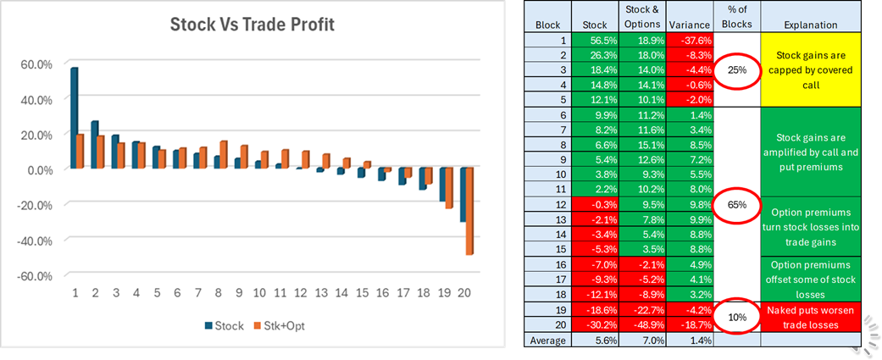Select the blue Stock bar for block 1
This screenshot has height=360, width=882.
[75, 118]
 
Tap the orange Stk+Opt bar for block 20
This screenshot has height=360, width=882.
[470, 211]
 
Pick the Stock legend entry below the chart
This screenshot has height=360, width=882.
[221, 325]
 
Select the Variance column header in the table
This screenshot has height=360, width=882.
[690, 25]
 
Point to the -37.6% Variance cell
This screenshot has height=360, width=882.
[690, 40]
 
